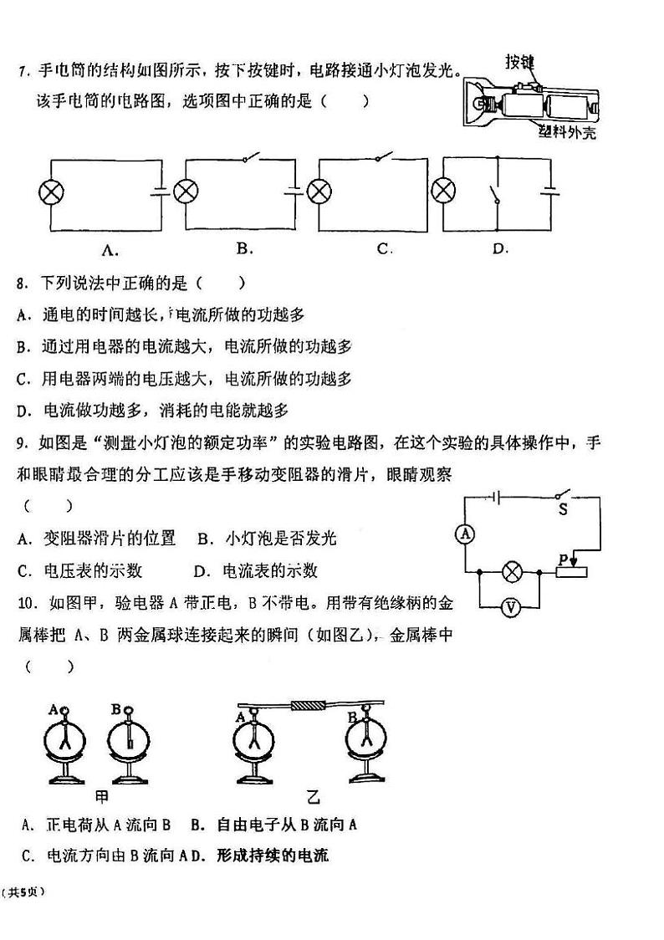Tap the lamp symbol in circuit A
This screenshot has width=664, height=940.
(x=52, y=192)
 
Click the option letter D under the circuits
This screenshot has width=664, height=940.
(x=500, y=248)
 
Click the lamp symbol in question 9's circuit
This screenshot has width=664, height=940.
(x=512, y=572)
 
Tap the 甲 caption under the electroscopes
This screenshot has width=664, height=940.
(x=103, y=796)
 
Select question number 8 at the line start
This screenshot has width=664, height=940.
(x=22, y=284)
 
